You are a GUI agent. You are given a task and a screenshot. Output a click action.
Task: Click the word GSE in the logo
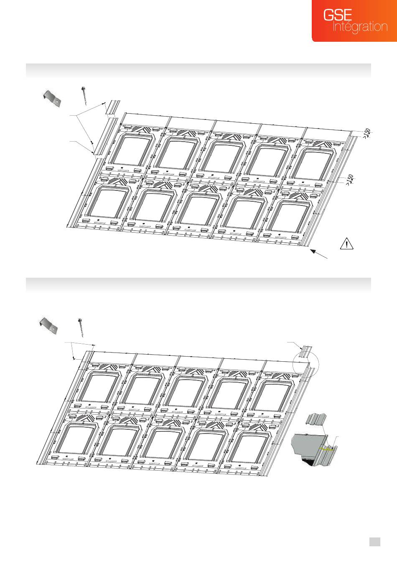(337, 15)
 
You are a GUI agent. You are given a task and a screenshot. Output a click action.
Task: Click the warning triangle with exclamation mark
(346, 243)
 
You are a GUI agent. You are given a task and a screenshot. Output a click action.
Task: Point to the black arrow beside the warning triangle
(318, 254)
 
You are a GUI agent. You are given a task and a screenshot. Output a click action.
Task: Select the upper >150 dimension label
(366, 133)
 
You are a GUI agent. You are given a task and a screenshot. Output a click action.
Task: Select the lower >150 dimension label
(349, 180)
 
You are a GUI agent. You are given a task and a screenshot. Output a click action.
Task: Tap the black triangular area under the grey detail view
(308, 460)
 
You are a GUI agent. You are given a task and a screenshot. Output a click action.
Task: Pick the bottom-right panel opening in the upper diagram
(289, 218)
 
